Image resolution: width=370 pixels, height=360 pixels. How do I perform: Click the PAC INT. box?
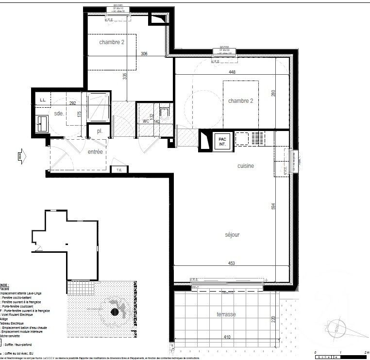[x=222, y=142]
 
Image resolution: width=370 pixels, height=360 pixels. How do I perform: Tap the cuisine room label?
[x=246, y=166]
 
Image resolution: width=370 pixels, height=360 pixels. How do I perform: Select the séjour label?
[x=232, y=235]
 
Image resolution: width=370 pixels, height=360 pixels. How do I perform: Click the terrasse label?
[x=226, y=314]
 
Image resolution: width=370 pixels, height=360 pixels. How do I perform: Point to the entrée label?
[x=95, y=152]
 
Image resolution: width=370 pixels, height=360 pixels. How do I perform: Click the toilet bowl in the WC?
[x=165, y=115]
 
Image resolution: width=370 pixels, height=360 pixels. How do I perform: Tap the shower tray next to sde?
[x=99, y=107]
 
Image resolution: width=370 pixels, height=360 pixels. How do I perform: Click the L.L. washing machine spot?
[x=43, y=100]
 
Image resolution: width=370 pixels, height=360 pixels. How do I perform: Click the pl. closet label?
[x=99, y=131]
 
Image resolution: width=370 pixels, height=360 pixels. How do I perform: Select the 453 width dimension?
[x=232, y=263]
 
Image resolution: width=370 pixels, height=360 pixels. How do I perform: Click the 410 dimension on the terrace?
[x=227, y=337]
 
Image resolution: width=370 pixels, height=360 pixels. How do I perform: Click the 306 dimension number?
[x=144, y=54]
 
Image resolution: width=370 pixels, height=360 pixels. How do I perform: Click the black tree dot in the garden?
[x=115, y=311]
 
